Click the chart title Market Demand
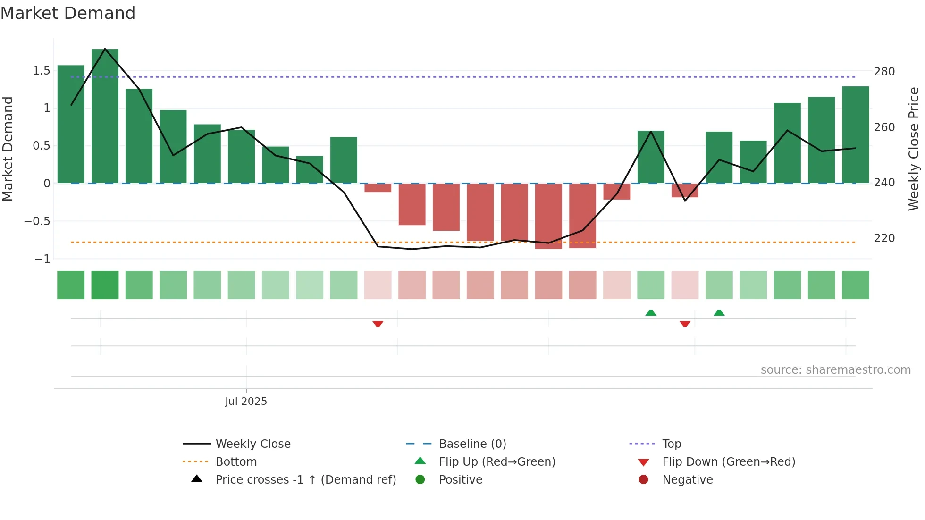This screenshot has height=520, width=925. tap(68, 13)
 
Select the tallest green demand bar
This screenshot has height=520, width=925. tap(105, 116)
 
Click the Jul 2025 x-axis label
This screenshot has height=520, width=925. tap(246, 402)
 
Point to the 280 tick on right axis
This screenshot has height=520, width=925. tap(884, 72)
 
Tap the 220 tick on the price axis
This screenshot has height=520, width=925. tap(884, 238)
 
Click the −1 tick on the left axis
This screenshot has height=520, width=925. tap(42, 259)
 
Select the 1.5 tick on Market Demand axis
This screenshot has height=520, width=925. tap(42, 71)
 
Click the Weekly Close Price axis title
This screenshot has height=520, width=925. tap(914, 149)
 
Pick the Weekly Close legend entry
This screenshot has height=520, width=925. tap(252, 444)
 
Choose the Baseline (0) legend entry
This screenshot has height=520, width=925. tap(472, 444)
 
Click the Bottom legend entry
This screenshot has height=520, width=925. tap(236, 462)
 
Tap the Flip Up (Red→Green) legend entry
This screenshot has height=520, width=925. tap(496, 462)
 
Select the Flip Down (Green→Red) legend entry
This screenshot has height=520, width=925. tap(728, 462)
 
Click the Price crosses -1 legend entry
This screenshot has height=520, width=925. tap(305, 480)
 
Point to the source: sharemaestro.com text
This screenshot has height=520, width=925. tap(835, 370)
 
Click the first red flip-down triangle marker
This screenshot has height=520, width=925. tap(378, 324)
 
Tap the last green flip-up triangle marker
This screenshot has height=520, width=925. tap(719, 313)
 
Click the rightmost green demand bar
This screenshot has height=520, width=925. tap(855, 135)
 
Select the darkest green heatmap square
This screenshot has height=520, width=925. tap(105, 285)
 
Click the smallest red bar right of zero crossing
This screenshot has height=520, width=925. tap(378, 188)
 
